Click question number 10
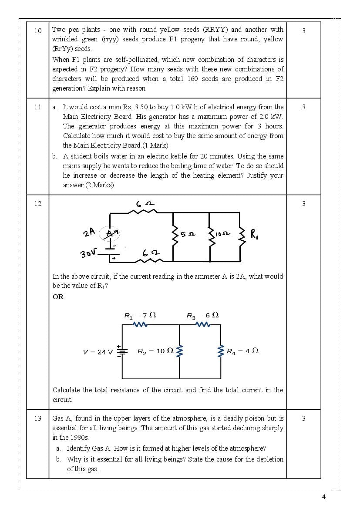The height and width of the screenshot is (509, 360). point(38,30)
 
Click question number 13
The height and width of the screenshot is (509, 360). point(38,418)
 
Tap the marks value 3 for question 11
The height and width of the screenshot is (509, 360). point(303,107)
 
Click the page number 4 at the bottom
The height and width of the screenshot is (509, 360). point(323,497)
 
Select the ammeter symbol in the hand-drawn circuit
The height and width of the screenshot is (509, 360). point(110,234)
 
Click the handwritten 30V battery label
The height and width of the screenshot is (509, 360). point(87,253)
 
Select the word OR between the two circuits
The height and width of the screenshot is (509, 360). point(58,297)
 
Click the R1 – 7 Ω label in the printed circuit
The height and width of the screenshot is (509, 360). point(140,316)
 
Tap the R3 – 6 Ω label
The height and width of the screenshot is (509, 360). point(202,316)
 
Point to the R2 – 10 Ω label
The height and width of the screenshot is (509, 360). point(155,351)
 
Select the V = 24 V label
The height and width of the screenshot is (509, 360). point(98,352)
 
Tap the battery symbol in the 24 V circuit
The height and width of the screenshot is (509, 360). point(122,351)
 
